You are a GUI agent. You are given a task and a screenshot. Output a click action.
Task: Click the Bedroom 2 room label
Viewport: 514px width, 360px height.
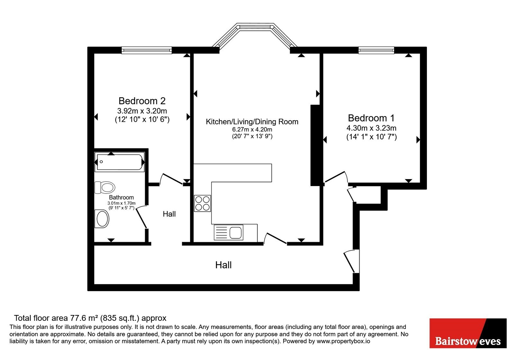(x=142, y=101)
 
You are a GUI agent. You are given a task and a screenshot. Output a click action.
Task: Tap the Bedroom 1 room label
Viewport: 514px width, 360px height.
(x=371, y=118)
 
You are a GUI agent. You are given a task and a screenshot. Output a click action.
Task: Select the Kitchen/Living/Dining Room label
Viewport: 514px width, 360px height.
(x=252, y=122)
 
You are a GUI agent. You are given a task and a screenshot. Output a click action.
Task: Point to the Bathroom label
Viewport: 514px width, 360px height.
(x=121, y=197)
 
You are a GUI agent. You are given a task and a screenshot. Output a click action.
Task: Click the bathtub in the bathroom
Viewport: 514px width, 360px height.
(x=120, y=162)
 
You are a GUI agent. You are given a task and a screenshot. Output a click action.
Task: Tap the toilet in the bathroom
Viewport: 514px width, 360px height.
(x=105, y=187)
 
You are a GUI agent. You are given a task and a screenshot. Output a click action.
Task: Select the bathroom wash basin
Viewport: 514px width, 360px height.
(x=102, y=218)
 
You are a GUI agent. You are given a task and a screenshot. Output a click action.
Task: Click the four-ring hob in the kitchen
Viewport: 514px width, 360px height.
(x=202, y=203)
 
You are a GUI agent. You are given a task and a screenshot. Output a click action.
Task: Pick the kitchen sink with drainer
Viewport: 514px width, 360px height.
(x=228, y=232)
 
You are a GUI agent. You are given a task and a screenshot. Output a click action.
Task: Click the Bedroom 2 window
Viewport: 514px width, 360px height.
(x=146, y=50)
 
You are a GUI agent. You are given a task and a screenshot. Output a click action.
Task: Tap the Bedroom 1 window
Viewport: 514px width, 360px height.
(x=376, y=50)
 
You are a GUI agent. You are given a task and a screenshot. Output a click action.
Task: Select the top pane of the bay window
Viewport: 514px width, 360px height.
(x=255, y=27)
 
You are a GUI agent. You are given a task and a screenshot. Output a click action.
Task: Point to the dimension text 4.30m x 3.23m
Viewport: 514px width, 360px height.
(x=371, y=128)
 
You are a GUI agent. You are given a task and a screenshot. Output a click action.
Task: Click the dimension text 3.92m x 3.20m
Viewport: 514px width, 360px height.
(x=142, y=111)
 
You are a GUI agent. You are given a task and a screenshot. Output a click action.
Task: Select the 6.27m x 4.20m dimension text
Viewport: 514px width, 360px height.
(x=252, y=130)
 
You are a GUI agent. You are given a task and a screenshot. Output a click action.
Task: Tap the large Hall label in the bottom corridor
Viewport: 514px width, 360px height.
(x=223, y=265)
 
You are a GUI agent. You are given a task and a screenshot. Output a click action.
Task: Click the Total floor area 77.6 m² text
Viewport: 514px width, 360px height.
(x=90, y=318)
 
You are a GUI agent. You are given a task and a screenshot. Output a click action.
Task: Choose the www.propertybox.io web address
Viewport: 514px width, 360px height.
(x=343, y=341)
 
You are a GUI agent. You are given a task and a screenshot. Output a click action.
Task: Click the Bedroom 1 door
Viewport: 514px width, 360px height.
(x=335, y=177)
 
